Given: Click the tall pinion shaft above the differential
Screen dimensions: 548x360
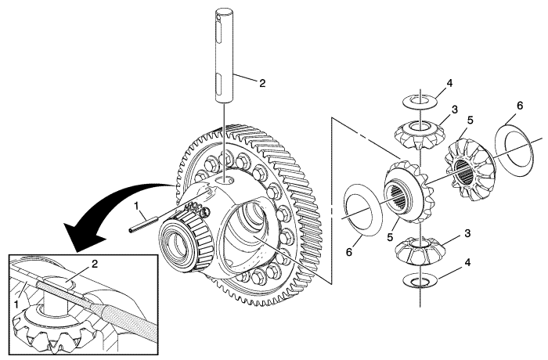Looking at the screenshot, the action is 224,56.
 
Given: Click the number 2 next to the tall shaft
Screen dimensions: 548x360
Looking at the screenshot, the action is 262,83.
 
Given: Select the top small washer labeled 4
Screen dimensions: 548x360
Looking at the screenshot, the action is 420,101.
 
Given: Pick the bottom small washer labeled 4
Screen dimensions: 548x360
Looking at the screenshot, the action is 420,281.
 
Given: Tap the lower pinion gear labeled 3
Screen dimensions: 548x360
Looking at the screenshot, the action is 420,250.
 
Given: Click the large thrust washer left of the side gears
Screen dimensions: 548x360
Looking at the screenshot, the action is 363,211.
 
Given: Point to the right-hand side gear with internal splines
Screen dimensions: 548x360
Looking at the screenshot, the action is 470,170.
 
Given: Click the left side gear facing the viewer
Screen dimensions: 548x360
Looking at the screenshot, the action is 408,191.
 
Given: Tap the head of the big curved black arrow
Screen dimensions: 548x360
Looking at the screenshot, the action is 83,237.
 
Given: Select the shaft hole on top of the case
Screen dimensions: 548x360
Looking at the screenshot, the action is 224,180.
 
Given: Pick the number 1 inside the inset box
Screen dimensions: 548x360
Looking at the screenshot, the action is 16,304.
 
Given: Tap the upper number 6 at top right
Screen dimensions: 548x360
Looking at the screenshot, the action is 520,105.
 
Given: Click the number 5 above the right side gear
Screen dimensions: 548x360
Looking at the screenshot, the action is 470,120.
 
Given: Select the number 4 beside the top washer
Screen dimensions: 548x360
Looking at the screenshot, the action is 449,83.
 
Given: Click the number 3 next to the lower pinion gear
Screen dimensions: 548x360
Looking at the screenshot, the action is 467,233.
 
